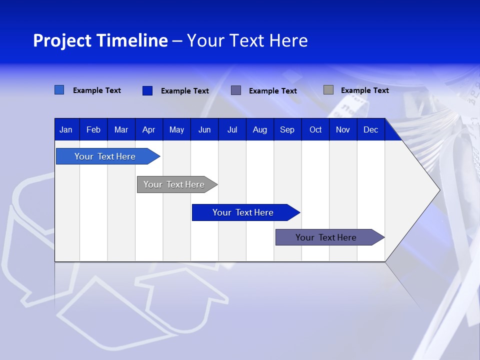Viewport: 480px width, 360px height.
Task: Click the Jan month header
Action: click(66, 130)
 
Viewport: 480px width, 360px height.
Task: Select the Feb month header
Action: click(93, 130)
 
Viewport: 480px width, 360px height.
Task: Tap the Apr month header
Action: click(148, 130)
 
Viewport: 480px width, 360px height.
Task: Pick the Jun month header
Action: click(204, 130)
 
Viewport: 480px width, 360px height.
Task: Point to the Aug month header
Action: click(259, 130)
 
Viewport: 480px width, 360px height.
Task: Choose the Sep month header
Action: click(287, 130)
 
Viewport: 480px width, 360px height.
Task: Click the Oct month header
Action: click(315, 130)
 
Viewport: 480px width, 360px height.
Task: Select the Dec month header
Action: click(370, 130)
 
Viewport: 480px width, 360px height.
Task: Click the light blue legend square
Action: click(59, 90)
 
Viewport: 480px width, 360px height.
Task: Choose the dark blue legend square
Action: click(147, 90)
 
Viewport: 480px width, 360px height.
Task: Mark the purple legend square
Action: click(236, 90)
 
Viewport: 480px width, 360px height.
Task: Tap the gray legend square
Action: click(328, 90)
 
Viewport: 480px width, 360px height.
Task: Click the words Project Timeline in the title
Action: click(100, 40)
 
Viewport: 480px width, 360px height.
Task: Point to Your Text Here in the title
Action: click(247, 40)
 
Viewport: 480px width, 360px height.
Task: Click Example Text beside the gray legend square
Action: click(364, 90)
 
